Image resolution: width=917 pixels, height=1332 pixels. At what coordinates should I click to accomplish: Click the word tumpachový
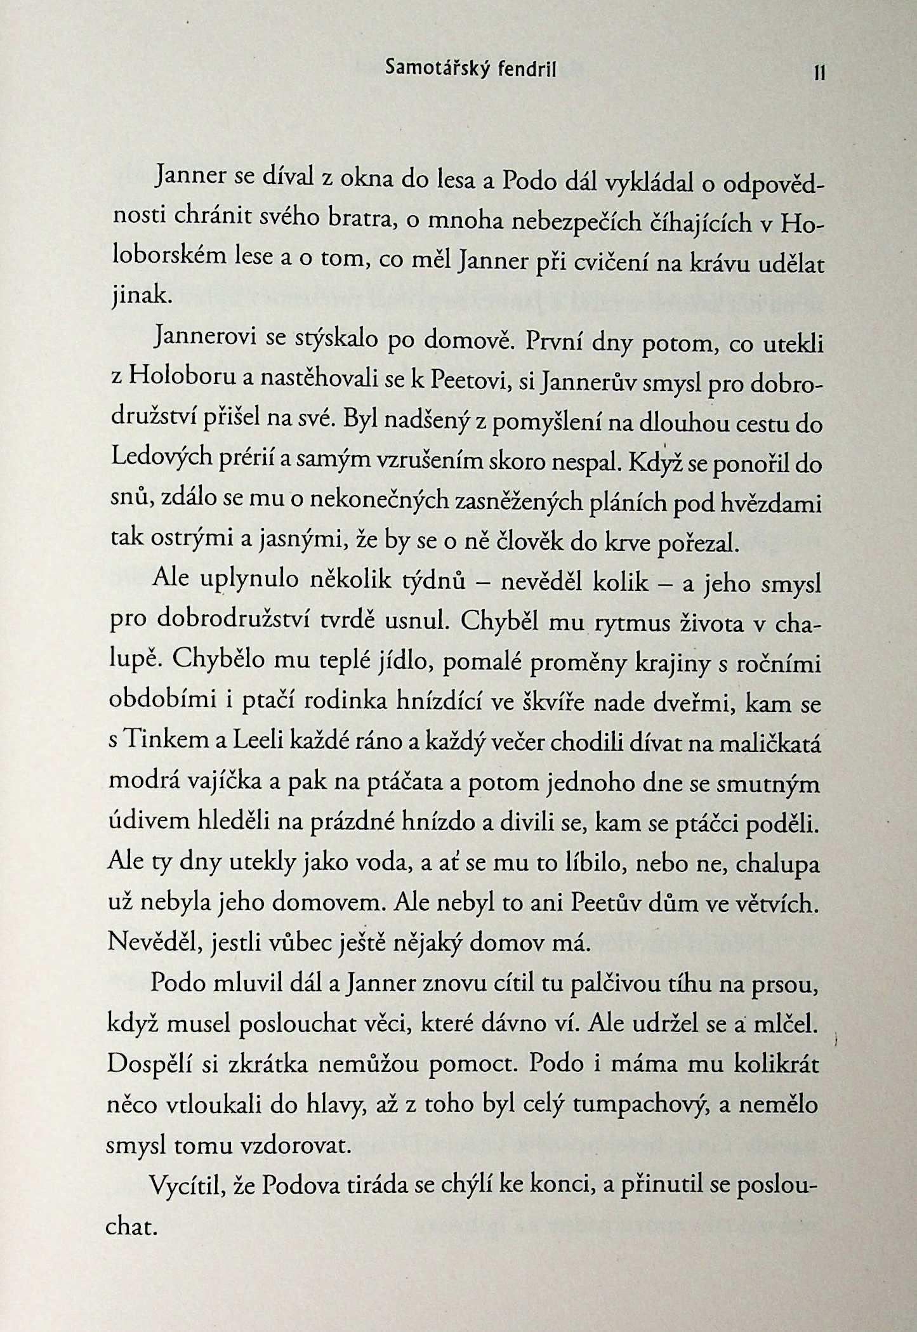640,1105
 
